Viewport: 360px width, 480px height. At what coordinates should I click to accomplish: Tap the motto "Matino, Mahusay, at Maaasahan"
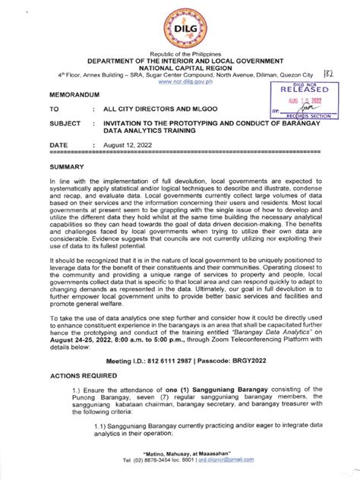(x=179, y=453)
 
